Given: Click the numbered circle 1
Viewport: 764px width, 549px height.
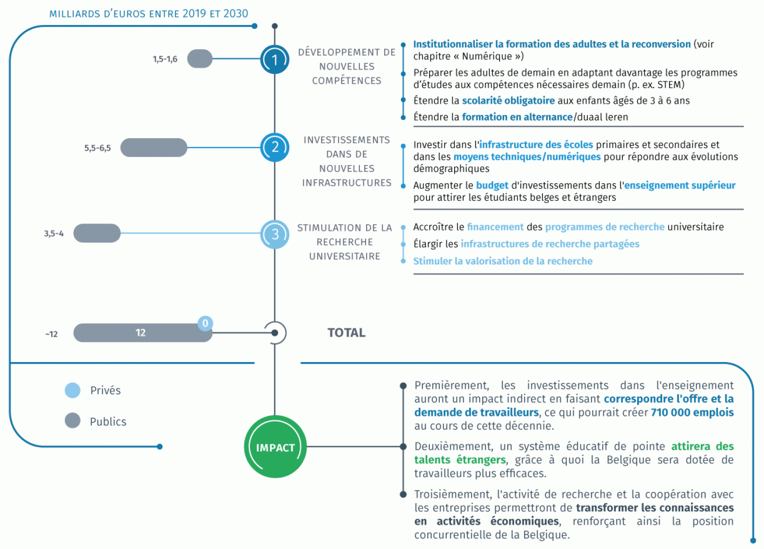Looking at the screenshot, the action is pos(275,59).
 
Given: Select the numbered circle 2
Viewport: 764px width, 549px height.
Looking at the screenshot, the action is pos(275,147).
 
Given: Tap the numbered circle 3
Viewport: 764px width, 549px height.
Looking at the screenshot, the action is pos(275,234).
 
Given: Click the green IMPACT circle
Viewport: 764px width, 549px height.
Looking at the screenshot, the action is pos(275,447).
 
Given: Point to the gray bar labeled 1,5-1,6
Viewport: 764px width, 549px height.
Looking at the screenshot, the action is pos(200,59).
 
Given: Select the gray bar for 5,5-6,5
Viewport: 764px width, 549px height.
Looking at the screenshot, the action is pos(154,148).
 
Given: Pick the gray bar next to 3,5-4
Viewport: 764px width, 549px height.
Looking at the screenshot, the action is pos(97,233).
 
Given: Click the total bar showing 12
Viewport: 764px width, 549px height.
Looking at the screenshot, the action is pos(143,332).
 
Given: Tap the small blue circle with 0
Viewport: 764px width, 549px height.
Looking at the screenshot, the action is pos(205,323).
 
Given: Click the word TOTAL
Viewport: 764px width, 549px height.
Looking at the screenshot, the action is pos(346,332).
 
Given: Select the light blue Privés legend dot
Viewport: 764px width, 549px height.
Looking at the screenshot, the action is pos(73,390).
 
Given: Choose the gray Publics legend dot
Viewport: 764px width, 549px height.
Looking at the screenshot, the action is pos(73,421).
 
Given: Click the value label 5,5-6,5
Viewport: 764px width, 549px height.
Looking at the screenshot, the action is pos(98,148).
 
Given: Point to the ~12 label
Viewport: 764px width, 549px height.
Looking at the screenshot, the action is pos(51,334).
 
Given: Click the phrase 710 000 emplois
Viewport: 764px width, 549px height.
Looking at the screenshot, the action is pos(692,413).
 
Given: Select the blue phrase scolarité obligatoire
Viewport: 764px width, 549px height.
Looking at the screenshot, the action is pos(508,101).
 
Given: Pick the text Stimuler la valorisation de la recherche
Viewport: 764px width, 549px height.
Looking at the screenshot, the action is pos(503,261).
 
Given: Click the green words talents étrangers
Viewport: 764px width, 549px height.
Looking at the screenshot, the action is pos(460,460).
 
